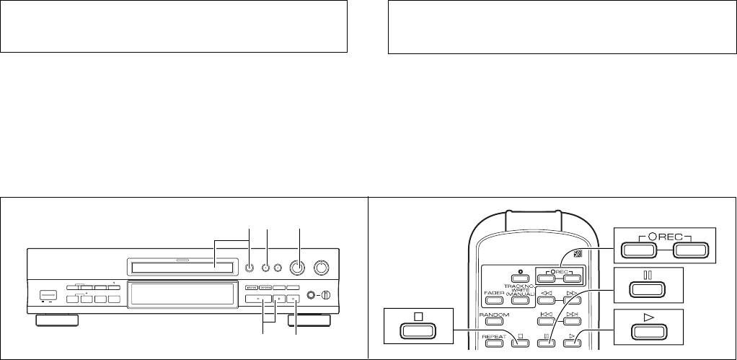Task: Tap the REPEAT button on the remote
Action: point(494,341)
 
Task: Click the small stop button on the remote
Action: point(519,341)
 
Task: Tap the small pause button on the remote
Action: point(546,341)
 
